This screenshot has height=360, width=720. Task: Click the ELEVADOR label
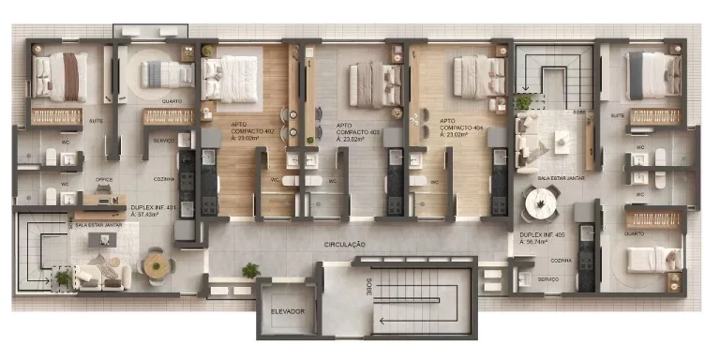coord(288,311)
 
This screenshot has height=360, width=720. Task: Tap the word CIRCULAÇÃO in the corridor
coord(344,244)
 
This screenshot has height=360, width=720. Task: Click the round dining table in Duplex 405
coord(540,202)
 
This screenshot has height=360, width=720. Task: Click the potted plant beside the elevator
coord(250,271)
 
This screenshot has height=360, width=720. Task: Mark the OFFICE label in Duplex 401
coord(103,178)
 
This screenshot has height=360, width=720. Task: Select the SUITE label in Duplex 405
coord(618,115)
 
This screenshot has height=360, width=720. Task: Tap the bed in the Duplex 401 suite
coord(61,76)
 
